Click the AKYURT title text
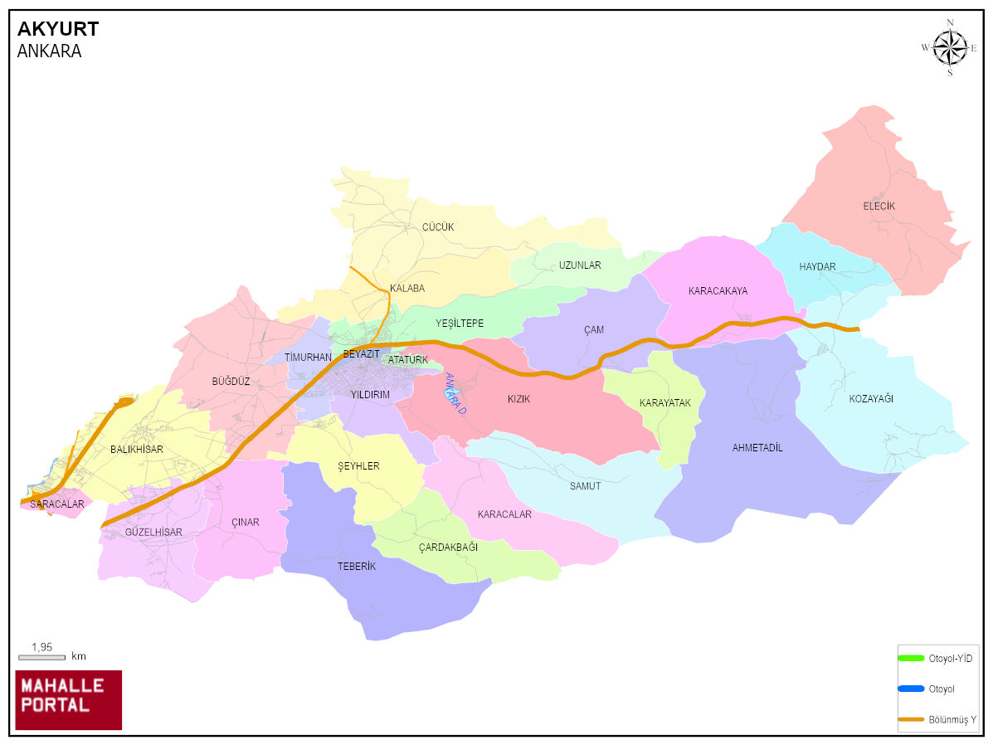58,29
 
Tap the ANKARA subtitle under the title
49,51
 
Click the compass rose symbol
950,47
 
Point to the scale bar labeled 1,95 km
41,656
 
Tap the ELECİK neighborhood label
879,206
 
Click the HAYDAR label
817,266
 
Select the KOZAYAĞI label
871,399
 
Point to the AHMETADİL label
757,448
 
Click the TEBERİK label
357,566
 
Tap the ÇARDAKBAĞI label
448,547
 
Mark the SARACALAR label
57,504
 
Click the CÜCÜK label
437,227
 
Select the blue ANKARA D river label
455,394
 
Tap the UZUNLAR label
579,265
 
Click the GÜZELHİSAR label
153,532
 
